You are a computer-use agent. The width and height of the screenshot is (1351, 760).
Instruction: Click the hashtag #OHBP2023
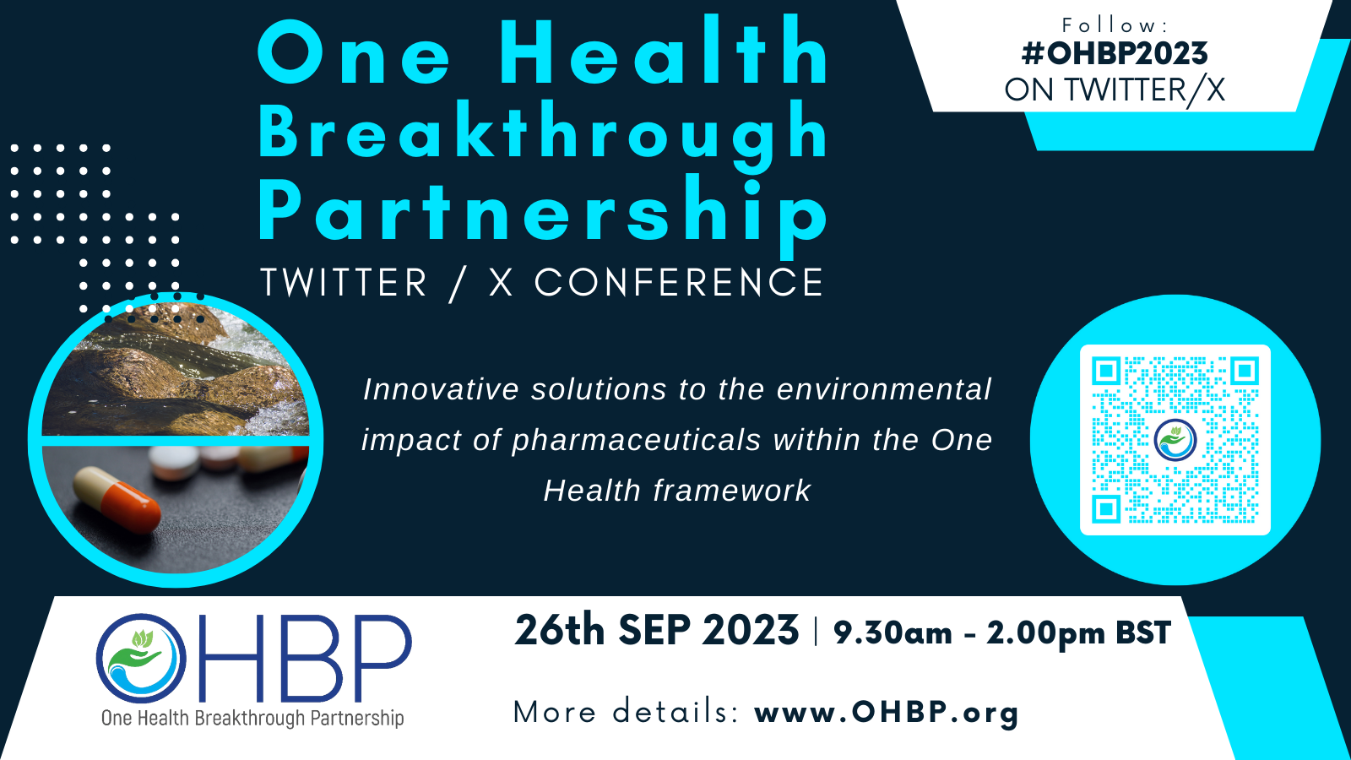click(x=1115, y=53)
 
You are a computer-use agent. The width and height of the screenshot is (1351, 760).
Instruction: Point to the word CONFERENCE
click(x=679, y=283)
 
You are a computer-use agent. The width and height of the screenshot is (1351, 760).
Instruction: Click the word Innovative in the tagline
click(x=441, y=389)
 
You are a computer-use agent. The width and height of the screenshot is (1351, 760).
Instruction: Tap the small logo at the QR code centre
click(x=1175, y=440)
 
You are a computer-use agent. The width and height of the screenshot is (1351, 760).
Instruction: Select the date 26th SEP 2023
click(x=657, y=631)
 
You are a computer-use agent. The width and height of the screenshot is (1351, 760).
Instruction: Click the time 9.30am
click(x=893, y=632)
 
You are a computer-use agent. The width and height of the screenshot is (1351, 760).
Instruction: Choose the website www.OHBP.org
click(x=887, y=712)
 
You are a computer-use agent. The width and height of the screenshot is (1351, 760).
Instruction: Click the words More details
click(x=625, y=712)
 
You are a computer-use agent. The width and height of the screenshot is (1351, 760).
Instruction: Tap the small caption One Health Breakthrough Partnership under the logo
click(x=252, y=719)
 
